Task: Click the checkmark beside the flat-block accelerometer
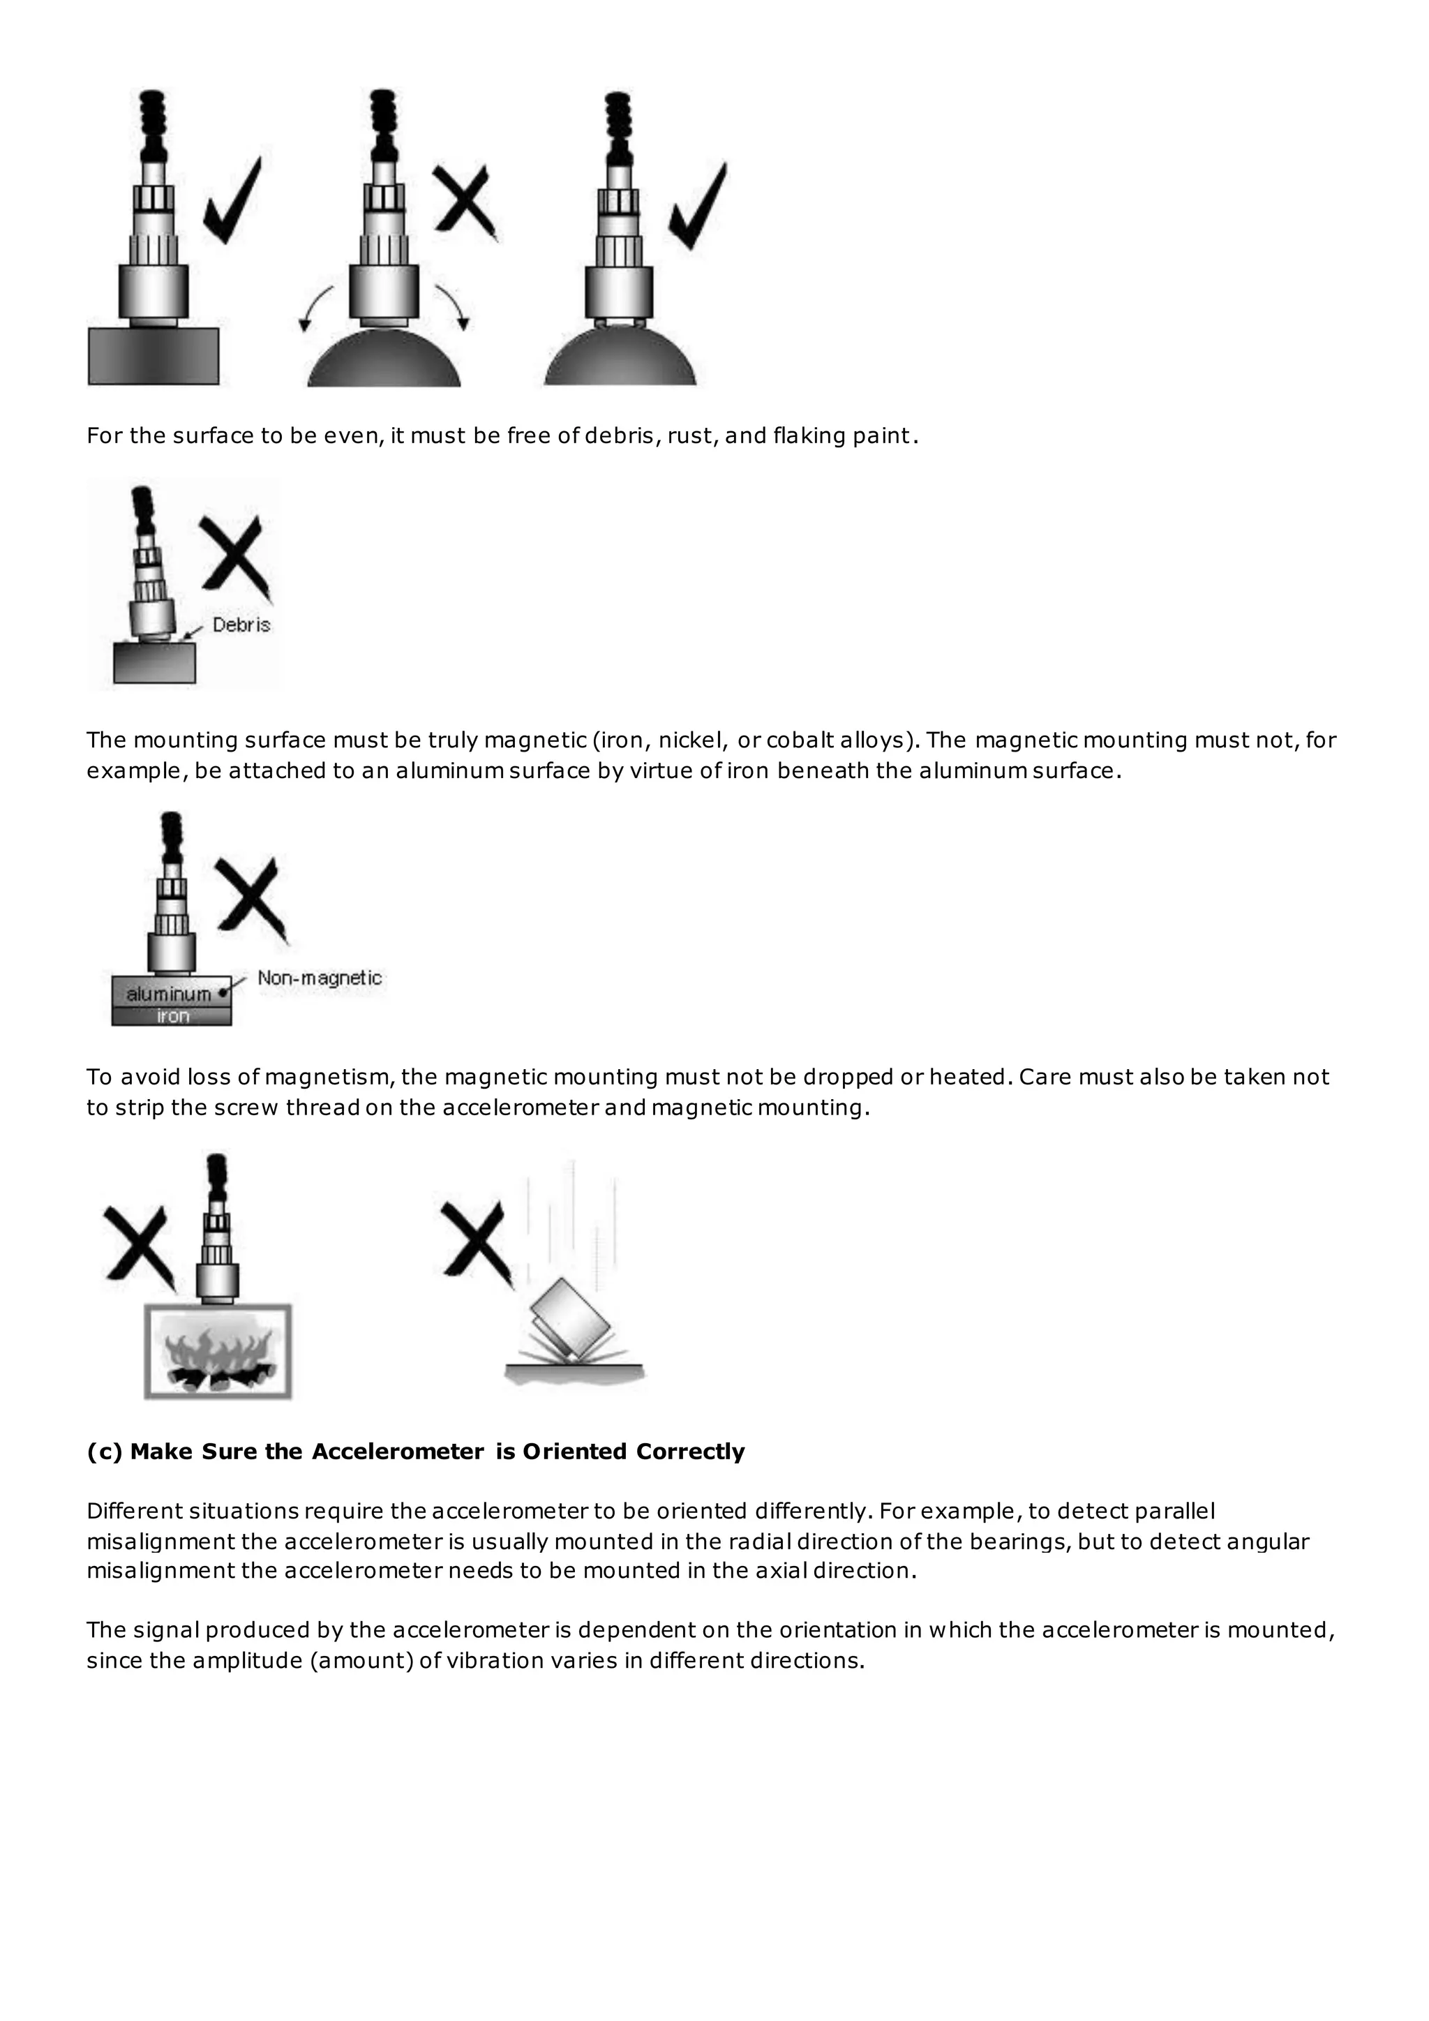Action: pos(232,204)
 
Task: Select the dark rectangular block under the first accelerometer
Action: pos(153,356)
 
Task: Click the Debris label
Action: pos(241,625)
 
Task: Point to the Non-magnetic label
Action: pos(320,978)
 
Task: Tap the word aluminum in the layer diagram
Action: pos(168,994)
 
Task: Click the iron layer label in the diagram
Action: pos(172,1016)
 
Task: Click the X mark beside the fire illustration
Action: pos(137,1244)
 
